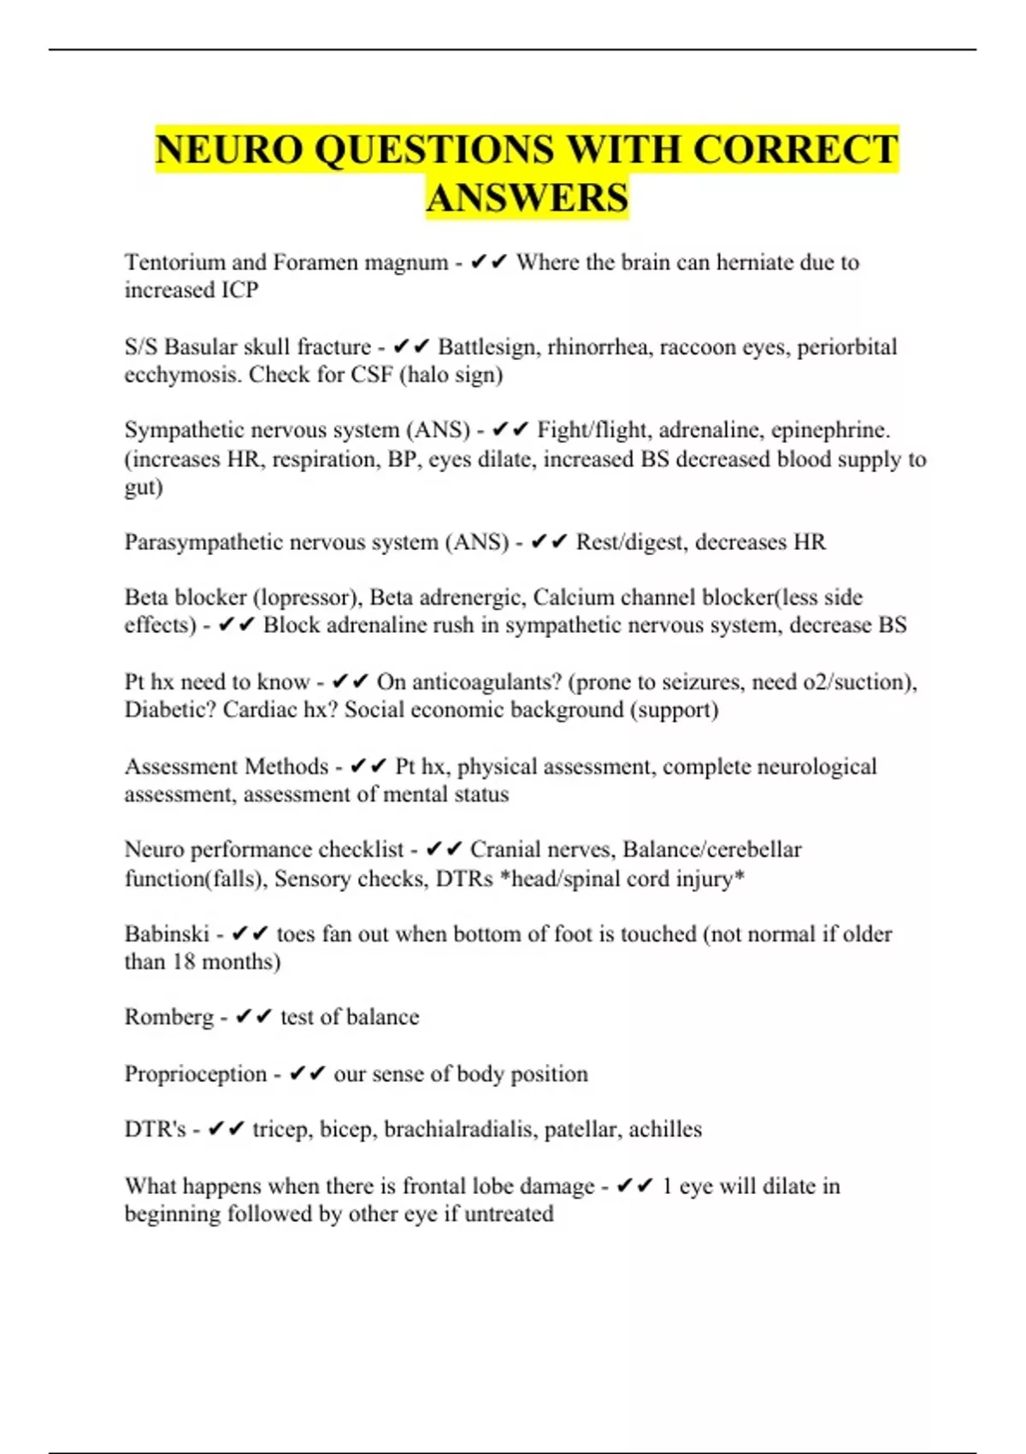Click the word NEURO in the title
point(228,150)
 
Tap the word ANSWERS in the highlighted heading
point(528,198)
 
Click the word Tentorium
point(175,262)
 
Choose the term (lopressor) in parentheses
point(305,597)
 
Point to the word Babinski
point(167,933)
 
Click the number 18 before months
point(183,961)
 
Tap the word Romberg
point(169,1017)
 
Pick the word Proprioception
point(196,1073)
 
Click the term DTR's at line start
point(155,1129)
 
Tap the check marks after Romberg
point(253,1017)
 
